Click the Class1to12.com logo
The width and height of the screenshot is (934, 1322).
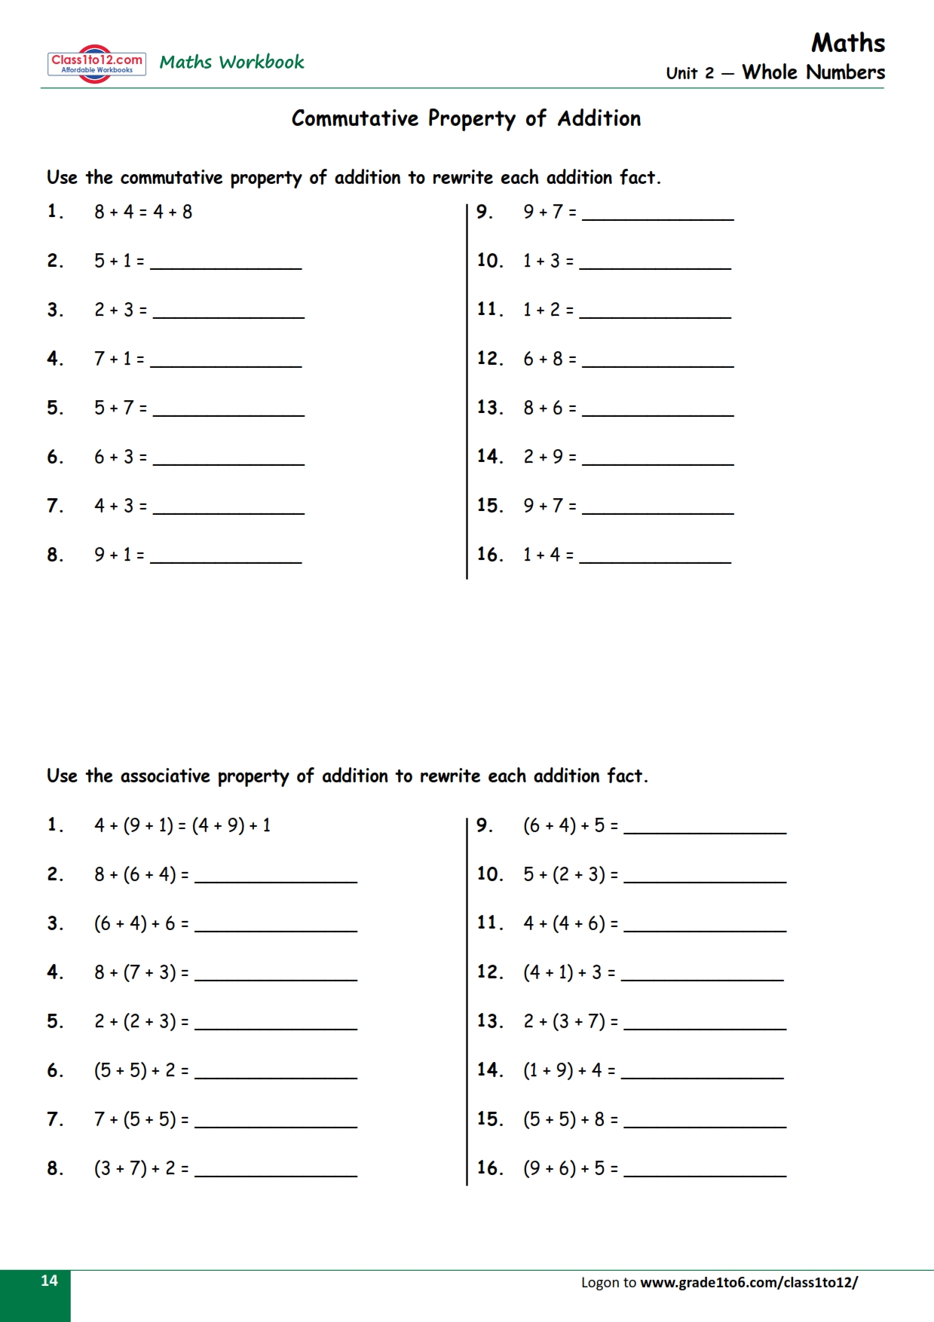click(96, 63)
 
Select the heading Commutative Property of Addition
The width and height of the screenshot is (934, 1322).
click(466, 118)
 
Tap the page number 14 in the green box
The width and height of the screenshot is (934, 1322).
click(49, 1281)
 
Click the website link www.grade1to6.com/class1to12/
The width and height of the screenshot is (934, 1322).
click(749, 1282)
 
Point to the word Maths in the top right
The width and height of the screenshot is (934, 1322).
click(848, 43)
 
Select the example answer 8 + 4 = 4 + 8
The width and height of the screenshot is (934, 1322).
click(143, 212)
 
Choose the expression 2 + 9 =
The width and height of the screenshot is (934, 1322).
click(550, 457)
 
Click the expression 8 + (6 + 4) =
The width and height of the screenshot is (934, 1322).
click(141, 874)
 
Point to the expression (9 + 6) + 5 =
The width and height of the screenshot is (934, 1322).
click(571, 1168)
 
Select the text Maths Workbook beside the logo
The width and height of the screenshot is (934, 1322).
click(231, 62)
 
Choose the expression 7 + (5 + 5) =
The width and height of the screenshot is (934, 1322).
click(141, 1119)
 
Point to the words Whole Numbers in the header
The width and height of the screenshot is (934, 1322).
click(813, 72)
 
